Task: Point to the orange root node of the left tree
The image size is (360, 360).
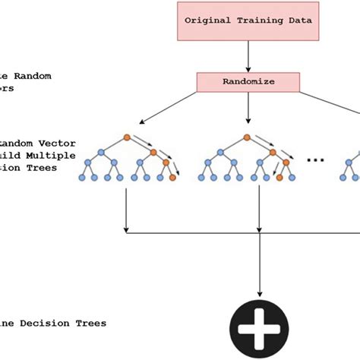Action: (126, 138)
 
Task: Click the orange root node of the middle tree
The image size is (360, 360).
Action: (247, 138)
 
